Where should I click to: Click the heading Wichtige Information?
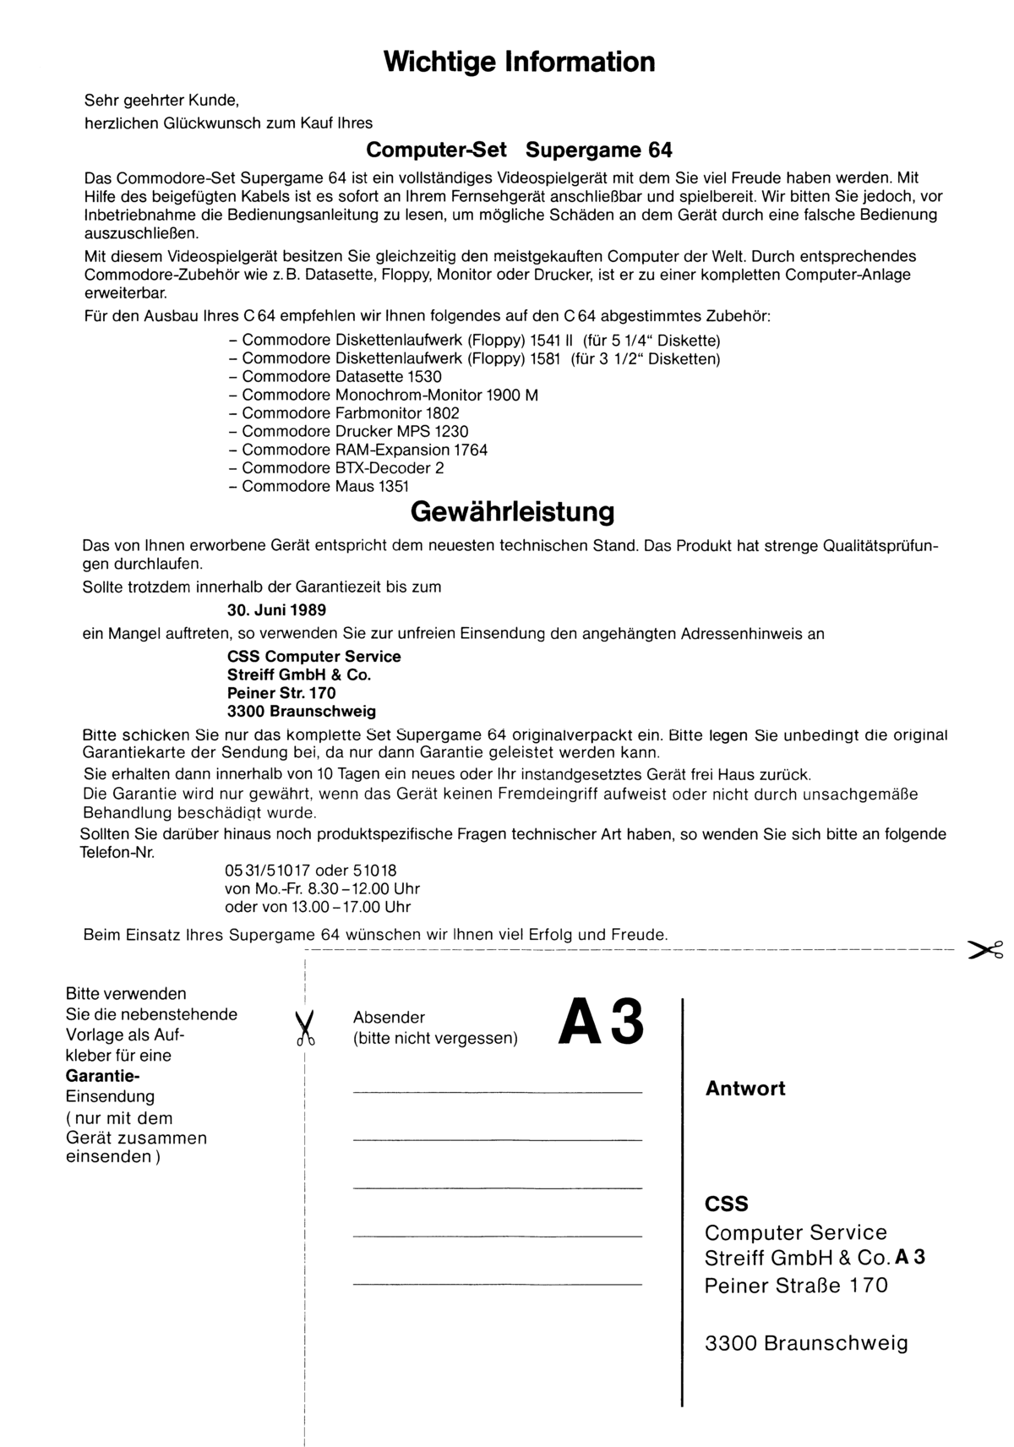[519, 62]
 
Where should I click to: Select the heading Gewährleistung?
[512, 512]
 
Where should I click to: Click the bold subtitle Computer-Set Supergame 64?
[519, 150]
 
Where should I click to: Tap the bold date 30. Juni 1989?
[276, 609]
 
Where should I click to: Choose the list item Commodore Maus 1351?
[325, 487]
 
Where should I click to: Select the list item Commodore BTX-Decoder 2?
[343, 468]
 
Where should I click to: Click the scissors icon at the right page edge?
[985, 951]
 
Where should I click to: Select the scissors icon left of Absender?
[305, 1029]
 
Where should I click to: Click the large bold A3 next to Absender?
[601, 1023]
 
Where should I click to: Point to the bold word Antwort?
[745, 1089]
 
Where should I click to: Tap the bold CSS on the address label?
[727, 1204]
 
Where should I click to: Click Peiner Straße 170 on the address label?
[796, 1286]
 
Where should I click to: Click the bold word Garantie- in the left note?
[102, 1076]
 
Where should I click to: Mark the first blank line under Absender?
[497, 1093]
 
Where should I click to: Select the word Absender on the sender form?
[389, 1018]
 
